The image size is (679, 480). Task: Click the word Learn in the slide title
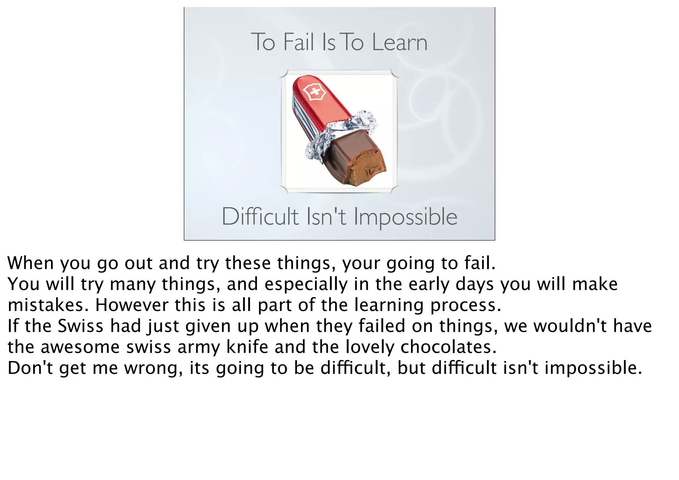(400, 43)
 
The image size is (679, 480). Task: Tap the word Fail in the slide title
(298, 43)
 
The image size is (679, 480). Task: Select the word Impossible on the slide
(405, 217)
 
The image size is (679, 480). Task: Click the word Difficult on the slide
(260, 217)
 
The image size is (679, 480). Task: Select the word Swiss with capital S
(81, 326)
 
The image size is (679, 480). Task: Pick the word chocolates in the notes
(448, 347)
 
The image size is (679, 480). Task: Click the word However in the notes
(132, 305)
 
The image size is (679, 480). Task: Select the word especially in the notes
(306, 284)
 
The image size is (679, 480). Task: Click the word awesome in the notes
(80, 347)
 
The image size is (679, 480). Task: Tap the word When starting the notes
(31, 263)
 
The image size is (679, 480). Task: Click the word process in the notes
(465, 305)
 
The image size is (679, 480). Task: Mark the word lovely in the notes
(370, 347)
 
